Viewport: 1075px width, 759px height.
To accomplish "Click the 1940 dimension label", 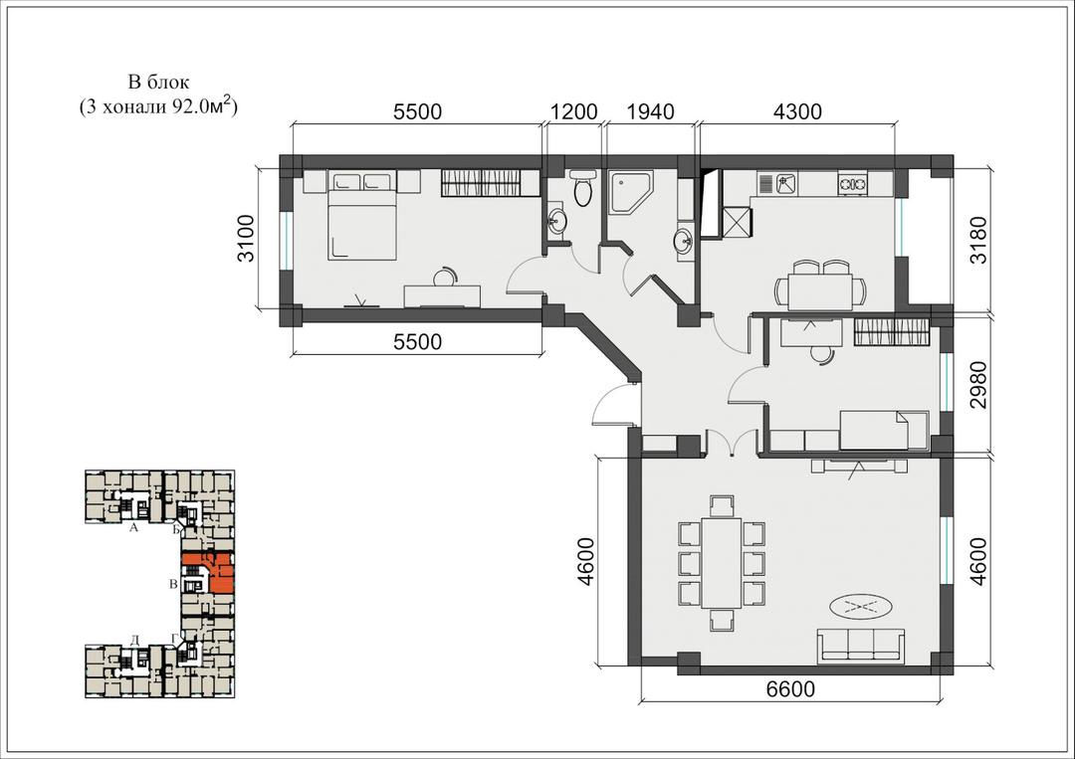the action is coord(651,111).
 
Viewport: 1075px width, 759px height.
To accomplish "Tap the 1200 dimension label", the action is coord(574,111).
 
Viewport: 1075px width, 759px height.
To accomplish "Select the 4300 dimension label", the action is coord(797,111).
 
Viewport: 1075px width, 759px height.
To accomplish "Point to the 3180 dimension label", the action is coord(979,239).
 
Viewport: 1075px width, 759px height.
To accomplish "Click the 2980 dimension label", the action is coord(979,385).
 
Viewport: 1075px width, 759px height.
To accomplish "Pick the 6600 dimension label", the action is coord(791,688).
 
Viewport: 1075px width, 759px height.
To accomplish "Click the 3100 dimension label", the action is coord(246,239).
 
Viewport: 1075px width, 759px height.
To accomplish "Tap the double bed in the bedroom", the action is coord(362,217).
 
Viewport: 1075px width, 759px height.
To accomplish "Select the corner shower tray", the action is coord(631,193).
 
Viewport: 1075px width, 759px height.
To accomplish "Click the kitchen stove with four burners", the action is coord(852,183).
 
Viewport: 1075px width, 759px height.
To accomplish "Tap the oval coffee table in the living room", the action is coord(861,606).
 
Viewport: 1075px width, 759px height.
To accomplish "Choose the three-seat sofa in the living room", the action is coord(861,645).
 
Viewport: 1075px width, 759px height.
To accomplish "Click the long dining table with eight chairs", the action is coord(722,563).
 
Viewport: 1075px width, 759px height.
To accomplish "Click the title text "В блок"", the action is coord(158,83).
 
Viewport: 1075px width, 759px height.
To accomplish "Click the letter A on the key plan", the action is coord(134,528).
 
